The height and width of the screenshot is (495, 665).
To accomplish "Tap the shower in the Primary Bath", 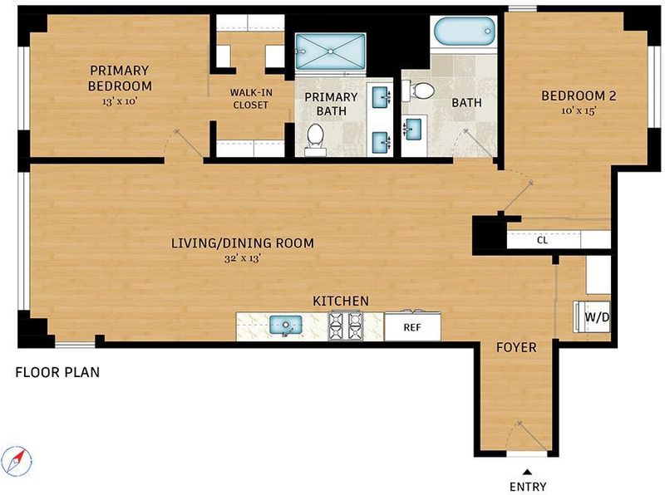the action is tap(330, 51).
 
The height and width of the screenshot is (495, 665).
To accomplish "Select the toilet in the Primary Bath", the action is tap(315, 139).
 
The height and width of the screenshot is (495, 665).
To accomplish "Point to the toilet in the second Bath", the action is tap(419, 91).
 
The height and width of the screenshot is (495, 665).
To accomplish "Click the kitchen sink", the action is tap(286, 326).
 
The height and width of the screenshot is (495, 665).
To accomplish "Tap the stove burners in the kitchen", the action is tap(346, 326).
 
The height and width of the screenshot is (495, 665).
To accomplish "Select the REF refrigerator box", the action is tap(412, 326).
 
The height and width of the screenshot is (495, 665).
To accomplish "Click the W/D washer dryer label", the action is tap(597, 317).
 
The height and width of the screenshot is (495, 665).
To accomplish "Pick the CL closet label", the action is tap(543, 240).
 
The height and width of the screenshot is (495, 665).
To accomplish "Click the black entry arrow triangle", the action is tap(527, 472).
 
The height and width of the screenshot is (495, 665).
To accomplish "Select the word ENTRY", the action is tap(528, 487).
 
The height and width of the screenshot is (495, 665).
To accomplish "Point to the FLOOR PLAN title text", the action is tap(57, 373).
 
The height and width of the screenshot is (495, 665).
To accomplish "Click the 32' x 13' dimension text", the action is tap(242, 258).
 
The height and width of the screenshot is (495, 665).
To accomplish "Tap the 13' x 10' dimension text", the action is tap(121, 101).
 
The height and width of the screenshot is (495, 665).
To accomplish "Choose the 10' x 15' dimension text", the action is tap(579, 111).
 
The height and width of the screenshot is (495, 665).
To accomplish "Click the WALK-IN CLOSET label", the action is tap(251, 99).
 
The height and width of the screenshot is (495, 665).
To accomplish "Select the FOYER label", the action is tap(516, 347).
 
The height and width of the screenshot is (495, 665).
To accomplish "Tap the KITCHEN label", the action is tap(341, 301).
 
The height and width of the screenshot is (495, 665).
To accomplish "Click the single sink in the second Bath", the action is tap(412, 129).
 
